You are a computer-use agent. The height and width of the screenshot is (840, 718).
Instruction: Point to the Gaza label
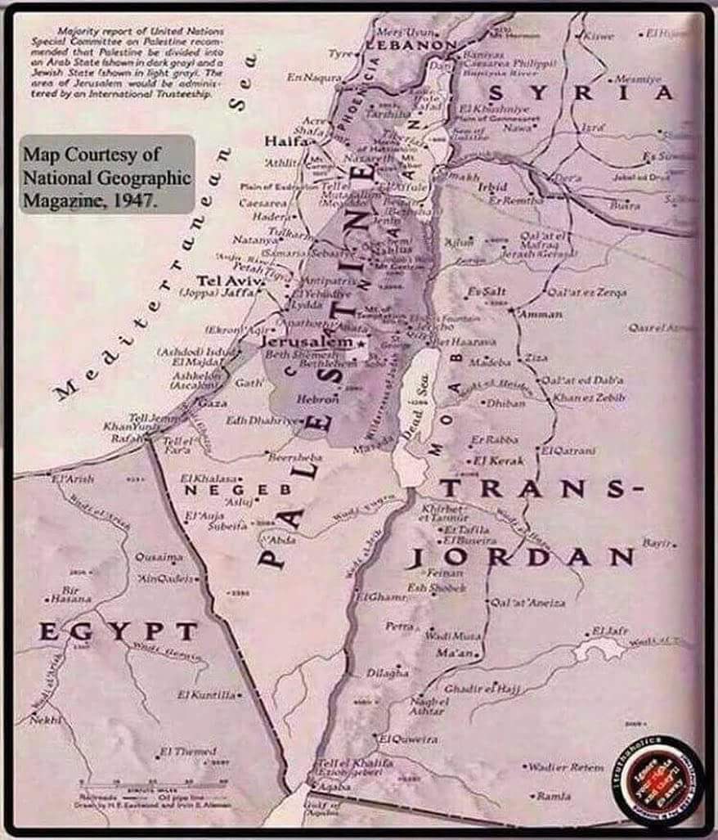point(213,403)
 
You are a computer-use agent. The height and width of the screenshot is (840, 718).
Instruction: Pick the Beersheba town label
point(295,456)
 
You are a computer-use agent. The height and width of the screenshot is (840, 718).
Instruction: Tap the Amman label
point(541,313)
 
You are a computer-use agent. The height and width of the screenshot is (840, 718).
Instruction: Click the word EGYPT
point(119,631)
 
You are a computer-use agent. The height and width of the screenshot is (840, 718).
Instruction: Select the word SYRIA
point(581,92)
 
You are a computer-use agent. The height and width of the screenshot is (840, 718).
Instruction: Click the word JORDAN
point(521,558)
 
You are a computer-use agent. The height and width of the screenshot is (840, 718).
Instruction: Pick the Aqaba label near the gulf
point(334,784)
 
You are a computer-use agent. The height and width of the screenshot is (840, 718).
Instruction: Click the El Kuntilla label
point(209,694)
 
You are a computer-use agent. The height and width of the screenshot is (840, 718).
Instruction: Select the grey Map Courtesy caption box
point(107,174)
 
